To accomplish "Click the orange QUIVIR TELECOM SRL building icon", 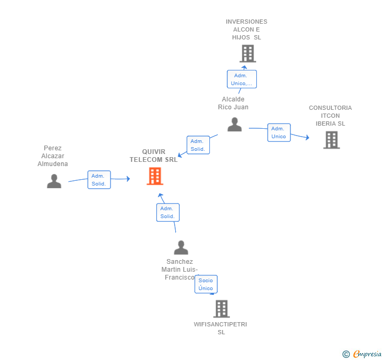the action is click(x=155, y=176).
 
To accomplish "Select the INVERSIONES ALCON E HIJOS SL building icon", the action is click(x=248, y=54).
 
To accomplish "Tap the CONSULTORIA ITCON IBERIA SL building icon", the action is click(x=331, y=140).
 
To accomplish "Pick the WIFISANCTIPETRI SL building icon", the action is click(x=221, y=308).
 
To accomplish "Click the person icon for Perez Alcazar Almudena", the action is click(x=54, y=181).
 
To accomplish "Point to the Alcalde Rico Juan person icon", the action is click(x=235, y=125).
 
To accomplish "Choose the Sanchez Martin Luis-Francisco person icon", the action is click(x=181, y=248).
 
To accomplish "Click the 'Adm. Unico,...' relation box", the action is click(x=241, y=79).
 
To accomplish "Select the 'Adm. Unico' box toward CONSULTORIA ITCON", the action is click(x=279, y=132).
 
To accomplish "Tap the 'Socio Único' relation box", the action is click(x=206, y=284).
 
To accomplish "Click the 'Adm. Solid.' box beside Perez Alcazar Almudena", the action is click(x=99, y=180).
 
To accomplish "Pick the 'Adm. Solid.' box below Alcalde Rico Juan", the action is click(x=198, y=145).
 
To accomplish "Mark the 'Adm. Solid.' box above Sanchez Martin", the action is click(x=168, y=212).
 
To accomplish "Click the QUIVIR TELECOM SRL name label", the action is click(x=154, y=156).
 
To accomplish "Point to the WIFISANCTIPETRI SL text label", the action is click(x=220, y=328).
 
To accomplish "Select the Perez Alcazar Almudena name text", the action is click(x=53, y=156).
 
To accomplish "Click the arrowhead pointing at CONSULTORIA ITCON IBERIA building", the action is click(x=307, y=138).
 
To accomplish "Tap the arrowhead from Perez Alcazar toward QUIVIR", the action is click(x=128, y=179).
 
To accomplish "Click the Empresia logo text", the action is click(x=368, y=354).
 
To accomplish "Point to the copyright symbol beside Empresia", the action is click(x=346, y=354).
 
